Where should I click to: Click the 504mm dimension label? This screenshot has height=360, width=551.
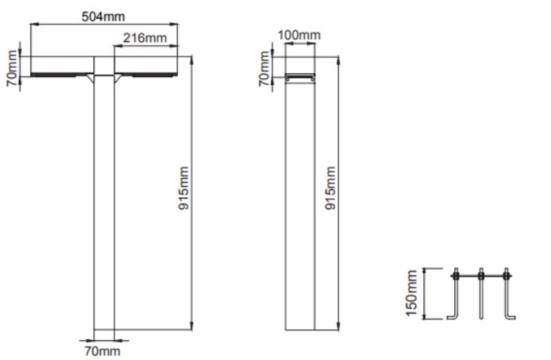click(103, 16)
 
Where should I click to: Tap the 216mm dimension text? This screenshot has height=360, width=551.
click(145, 37)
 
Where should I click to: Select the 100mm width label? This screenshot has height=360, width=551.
click(299, 35)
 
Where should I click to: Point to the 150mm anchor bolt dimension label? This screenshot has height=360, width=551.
click(411, 293)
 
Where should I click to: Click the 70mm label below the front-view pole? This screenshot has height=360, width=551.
click(103, 351)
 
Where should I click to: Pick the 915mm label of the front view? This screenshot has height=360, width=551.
click(184, 188)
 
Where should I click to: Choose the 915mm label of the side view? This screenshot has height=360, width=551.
click(330, 188)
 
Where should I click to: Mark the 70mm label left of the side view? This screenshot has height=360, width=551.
click(264, 68)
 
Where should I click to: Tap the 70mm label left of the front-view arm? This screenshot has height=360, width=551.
click(12, 68)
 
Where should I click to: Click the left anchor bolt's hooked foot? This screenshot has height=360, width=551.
click(452, 318)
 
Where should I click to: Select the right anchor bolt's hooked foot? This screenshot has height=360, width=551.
click(510, 318)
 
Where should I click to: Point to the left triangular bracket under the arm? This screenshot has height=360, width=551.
click(91, 78)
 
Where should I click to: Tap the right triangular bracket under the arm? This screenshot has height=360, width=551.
click(118, 78)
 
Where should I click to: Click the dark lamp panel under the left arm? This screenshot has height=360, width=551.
click(59, 75)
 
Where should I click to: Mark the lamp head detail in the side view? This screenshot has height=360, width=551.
click(300, 77)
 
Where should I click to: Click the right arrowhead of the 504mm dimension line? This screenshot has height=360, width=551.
click(174, 24)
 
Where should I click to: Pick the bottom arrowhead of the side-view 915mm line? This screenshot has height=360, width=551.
click(338, 326)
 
